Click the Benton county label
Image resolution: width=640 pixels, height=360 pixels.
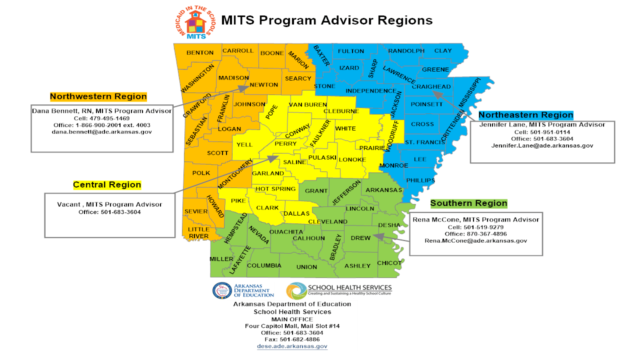click(x=200, y=52)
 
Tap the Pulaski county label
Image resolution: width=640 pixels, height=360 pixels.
click(x=322, y=157)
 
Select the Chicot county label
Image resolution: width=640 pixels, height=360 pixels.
click(x=389, y=263)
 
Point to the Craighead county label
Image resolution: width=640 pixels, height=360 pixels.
click(x=431, y=86)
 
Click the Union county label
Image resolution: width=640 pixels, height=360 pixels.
click(x=306, y=267)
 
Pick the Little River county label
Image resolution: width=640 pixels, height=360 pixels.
click(x=198, y=232)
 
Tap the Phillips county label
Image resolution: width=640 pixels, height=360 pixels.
click(x=420, y=180)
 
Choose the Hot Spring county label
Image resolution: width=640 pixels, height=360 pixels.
click(x=275, y=189)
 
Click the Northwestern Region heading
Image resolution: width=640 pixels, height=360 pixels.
click(x=98, y=96)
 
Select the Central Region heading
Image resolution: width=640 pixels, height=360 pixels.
click(x=107, y=184)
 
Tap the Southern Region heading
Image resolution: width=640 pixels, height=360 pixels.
click(x=468, y=203)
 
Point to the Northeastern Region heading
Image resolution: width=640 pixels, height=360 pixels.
click(x=525, y=115)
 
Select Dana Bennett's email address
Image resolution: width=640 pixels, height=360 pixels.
click(x=101, y=132)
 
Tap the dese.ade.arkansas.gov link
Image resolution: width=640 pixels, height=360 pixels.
click(x=292, y=346)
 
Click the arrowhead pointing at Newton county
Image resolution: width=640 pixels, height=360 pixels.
click(x=243, y=88)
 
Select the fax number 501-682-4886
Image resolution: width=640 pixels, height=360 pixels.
click(x=292, y=339)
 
